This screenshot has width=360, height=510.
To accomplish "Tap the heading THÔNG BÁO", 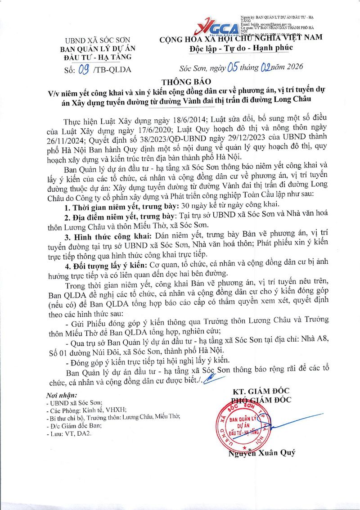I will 180,81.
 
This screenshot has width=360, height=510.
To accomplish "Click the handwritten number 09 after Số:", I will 84,69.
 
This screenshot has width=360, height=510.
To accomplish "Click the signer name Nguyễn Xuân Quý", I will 261,453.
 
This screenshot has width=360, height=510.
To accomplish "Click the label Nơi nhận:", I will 62,395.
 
